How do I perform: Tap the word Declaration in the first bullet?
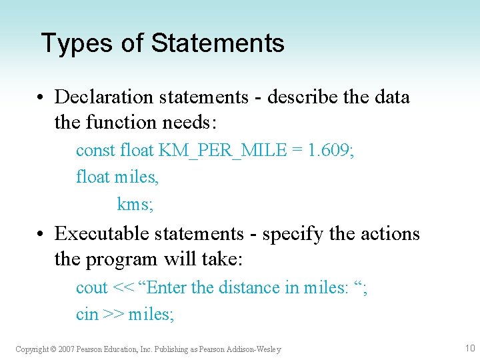click(x=104, y=97)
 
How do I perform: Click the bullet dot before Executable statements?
click(x=41, y=234)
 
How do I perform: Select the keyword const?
click(x=95, y=151)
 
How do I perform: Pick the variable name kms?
click(x=135, y=204)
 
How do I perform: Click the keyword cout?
click(x=91, y=288)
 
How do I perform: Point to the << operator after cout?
click(x=123, y=288)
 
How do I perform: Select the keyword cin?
click(x=87, y=314)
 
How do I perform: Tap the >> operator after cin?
click(x=112, y=314)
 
